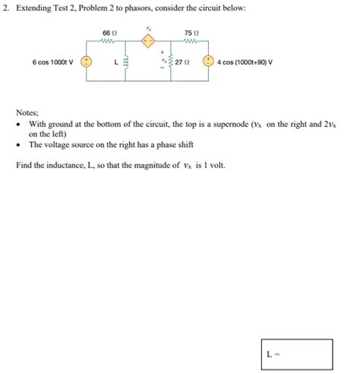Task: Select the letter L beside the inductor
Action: point(115,62)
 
